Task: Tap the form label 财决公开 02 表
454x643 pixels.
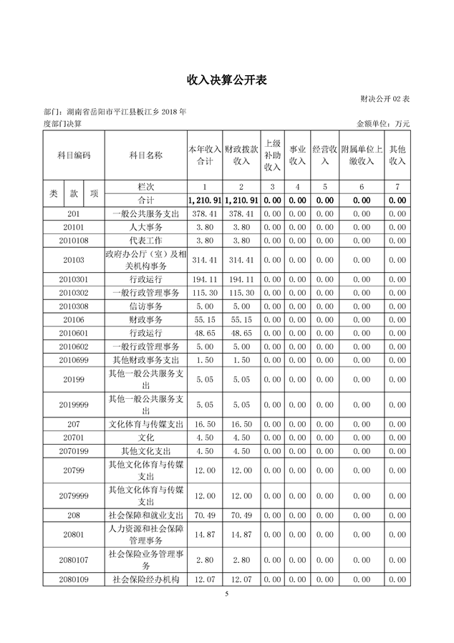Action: coord(385,97)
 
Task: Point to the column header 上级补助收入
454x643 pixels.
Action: coord(272,155)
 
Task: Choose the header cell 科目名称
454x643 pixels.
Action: coord(145,155)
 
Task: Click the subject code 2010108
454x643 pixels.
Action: coord(74,240)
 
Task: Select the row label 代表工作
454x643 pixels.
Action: coord(145,240)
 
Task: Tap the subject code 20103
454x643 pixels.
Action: coord(74,259)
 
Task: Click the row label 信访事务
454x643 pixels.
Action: coord(145,306)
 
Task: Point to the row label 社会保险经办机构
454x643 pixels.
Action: coord(145,578)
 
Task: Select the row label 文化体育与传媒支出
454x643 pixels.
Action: coord(145,424)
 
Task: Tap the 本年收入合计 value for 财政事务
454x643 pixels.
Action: coord(205,319)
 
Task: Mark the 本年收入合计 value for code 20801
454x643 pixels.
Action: coord(205,534)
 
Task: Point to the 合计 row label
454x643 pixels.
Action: coord(145,200)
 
